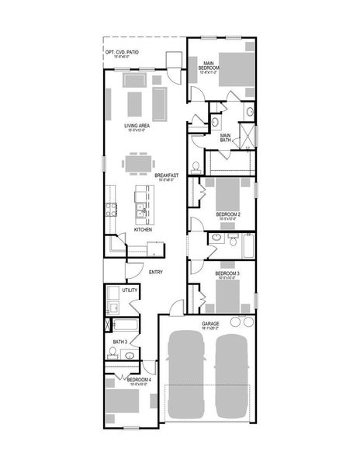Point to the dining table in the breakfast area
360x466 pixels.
(137, 165)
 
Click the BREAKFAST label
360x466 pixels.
(166, 176)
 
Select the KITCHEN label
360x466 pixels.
(143, 230)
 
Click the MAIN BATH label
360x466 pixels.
(226, 137)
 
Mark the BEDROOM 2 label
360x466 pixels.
(227, 214)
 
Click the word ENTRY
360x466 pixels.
(155, 271)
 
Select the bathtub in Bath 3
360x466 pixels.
(124, 325)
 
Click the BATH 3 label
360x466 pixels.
(119, 342)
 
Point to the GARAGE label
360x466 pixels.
(210, 323)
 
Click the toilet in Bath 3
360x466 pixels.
(112, 354)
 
